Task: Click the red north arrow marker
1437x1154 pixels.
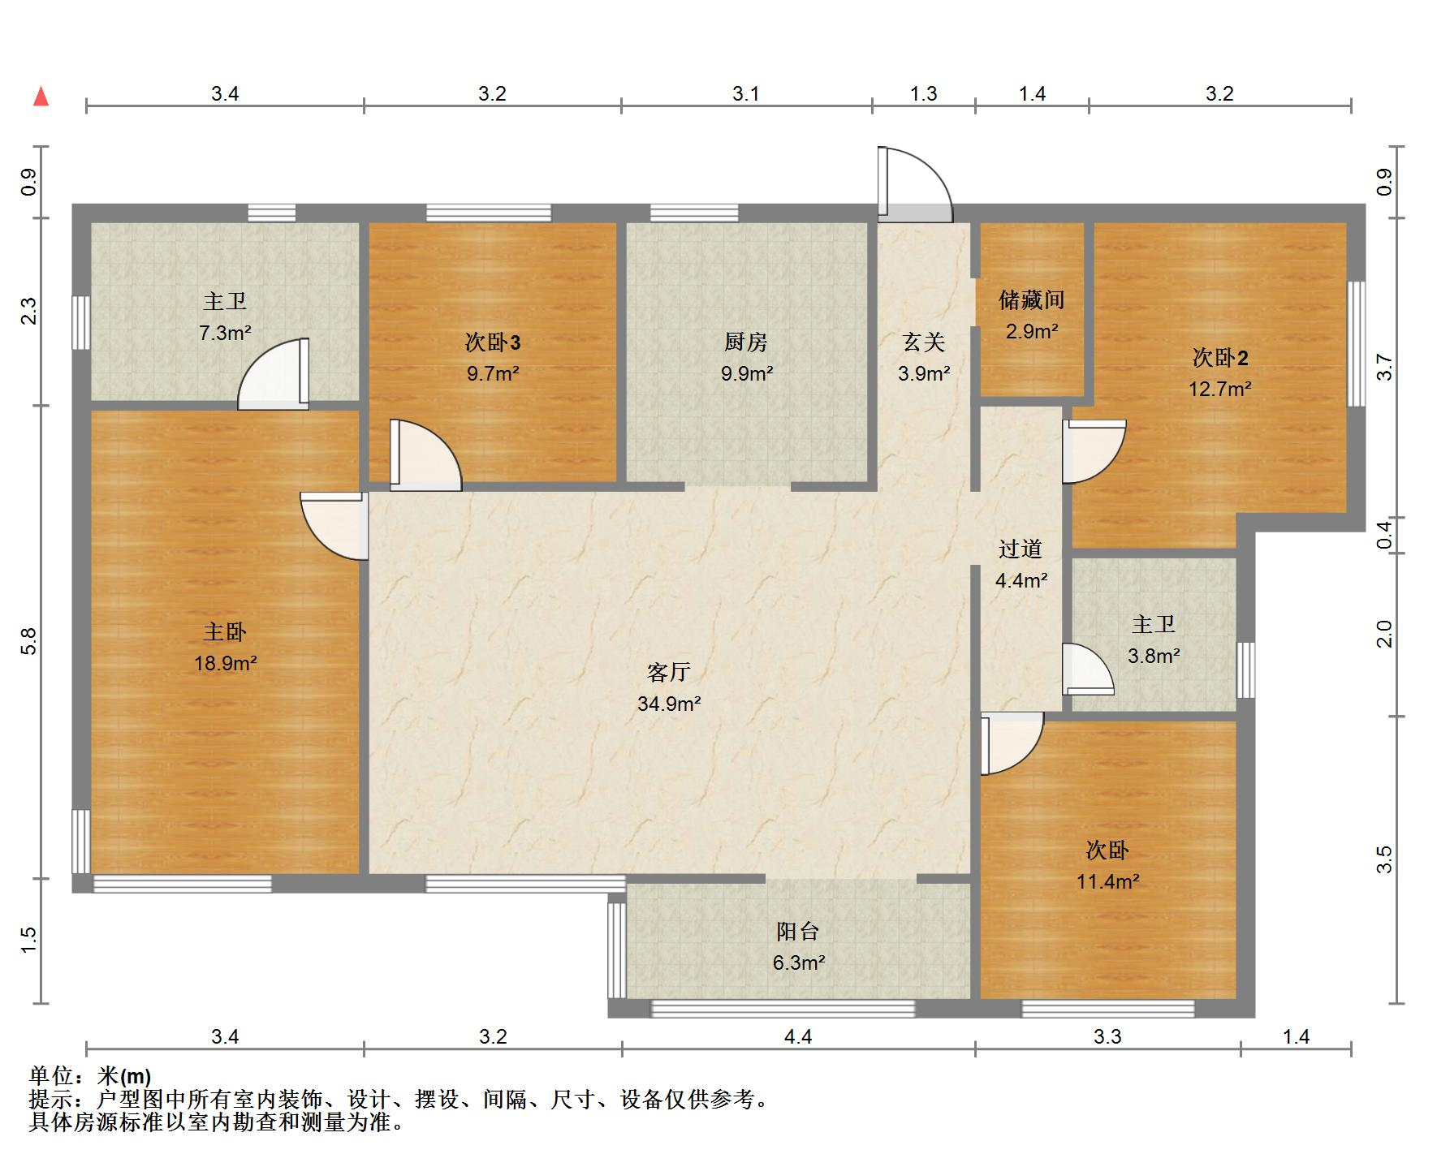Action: pos(41,97)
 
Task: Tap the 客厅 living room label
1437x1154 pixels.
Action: pos(668,672)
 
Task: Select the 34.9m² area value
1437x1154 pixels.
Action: pos(668,704)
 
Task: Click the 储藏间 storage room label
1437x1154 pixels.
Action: pos(1031,300)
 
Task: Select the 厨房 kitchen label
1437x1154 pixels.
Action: pos(745,342)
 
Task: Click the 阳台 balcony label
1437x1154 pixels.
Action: pos(798,931)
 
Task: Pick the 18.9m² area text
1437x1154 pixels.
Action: pos(225,663)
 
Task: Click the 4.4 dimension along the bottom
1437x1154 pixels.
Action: pos(798,1036)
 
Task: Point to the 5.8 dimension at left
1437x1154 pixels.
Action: pos(29,641)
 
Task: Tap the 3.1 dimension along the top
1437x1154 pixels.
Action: pos(745,93)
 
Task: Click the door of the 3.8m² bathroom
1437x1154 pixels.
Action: pos(1086,669)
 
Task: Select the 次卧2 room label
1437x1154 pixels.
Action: pos(1219,357)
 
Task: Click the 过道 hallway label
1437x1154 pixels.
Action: pos(1021,549)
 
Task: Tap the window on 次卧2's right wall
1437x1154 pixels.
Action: pos(1356,343)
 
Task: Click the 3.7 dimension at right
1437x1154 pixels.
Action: pos(1385,368)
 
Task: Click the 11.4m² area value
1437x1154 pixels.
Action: pos(1107,881)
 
